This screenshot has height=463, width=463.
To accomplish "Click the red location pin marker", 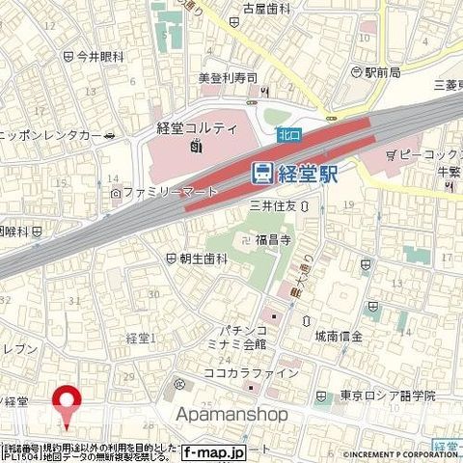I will click(x=67, y=400).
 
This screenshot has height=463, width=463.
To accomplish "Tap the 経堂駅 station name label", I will click(x=308, y=175).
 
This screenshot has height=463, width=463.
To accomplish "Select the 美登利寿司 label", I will click(x=222, y=77).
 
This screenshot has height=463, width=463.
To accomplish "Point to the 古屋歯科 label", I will click(x=267, y=8).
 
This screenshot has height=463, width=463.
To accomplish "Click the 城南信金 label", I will click(x=365, y=336).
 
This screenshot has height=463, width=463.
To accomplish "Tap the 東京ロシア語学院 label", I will click(x=387, y=395).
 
